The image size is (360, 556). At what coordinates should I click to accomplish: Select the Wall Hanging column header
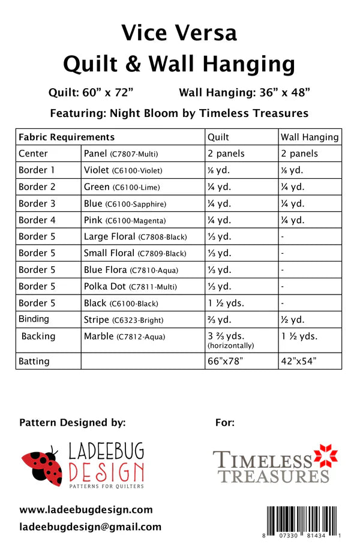pos(310,137)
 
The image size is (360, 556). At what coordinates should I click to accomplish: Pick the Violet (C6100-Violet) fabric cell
pos(123,170)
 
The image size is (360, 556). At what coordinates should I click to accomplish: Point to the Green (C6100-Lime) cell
pos(122,187)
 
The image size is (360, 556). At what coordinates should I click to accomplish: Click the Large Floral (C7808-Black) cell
pos(135,236)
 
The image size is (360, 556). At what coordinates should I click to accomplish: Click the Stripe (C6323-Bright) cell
pos(124,320)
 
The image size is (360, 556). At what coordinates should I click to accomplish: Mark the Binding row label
pos(34,319)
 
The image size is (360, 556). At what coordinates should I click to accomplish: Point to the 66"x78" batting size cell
pos(227,361)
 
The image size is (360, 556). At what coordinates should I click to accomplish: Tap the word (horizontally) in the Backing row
pos(231,346)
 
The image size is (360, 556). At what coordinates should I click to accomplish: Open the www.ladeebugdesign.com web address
pos(86,510)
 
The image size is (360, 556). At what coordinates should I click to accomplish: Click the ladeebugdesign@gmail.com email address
pos(90,527)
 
